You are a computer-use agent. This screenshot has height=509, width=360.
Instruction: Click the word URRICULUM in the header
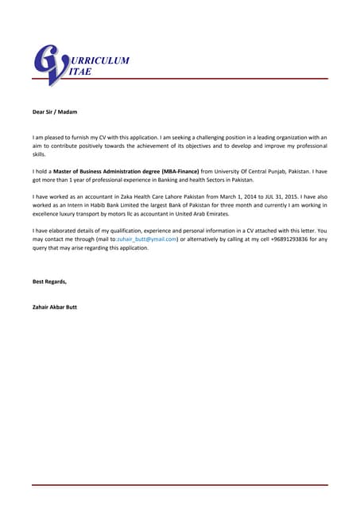pyautogui.click(x=100, y=60)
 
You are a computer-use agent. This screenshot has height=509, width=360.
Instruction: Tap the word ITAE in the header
pyautogui.click(x=82, y=72)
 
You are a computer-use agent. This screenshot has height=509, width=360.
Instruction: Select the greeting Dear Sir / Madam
pyautogui.click(x=55, y=113)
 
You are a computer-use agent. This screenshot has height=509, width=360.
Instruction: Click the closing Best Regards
pyautogui.click(x=49, y=282)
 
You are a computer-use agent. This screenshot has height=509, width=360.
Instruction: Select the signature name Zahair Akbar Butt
pyautogui.click(x=55, y=307)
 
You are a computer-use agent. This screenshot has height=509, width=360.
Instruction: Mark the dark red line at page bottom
pyautogui.click(x=180, y=485)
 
